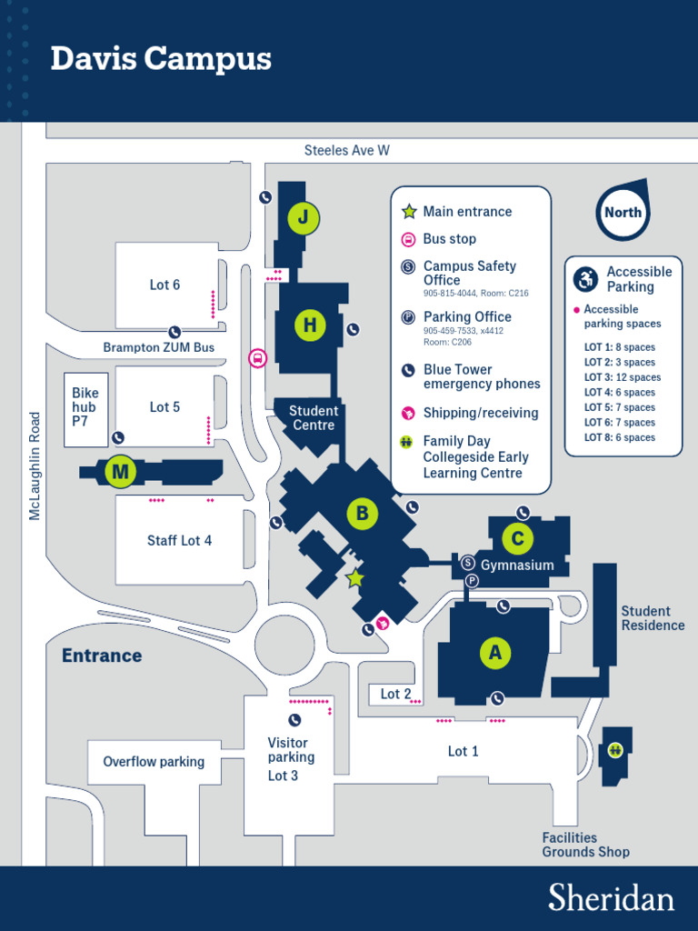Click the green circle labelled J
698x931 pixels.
tap(304, 218)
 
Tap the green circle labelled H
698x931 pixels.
tap(310, 325)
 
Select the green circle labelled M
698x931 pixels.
tap(120, 472)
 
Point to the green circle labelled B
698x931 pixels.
tap(362, 514)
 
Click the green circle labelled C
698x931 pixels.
tap(517, 539)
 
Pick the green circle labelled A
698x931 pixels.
tap(494, 652)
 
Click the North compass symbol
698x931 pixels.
tap(623, 211)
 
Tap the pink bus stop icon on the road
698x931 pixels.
tap(257, 358)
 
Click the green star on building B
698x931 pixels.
tap(355, 578)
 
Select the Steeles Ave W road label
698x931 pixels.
tap(346, 150)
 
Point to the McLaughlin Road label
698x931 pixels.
tap(35, 465)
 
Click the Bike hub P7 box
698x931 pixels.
tap(85, 408)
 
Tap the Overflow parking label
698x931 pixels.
tap(154, 762)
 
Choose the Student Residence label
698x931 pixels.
tap(653, 618)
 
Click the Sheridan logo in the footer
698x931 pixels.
tap(611, 897)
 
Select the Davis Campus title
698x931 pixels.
tap(161, 59)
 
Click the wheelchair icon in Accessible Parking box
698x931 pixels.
tap(586, 279)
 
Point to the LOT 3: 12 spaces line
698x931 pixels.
tap(622, 377)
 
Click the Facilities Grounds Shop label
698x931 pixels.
tap(585, 845)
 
